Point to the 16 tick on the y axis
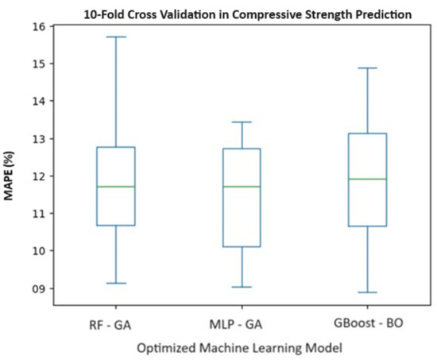pos(38,25)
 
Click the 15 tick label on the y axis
pos(38,63)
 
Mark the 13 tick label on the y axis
pos(38,138)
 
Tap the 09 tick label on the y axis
pos(38,288)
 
